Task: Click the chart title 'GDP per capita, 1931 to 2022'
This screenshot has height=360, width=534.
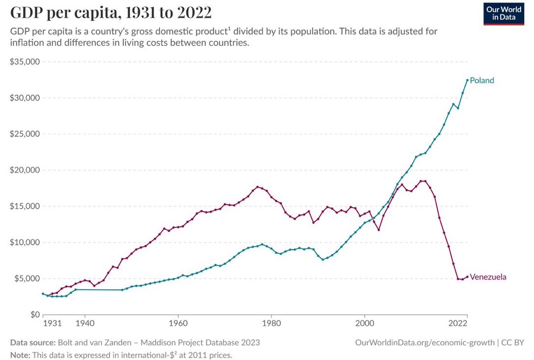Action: [x=110, y=12]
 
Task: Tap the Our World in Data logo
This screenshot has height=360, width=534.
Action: [x=504, y=13]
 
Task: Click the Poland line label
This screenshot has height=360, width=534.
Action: [x=481, y=81]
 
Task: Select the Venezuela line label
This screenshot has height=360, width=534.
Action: [x=488, y=277]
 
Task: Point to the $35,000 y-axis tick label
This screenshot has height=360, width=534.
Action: [x=25, y=62]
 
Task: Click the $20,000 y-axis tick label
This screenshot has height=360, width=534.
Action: [x=25, y=170]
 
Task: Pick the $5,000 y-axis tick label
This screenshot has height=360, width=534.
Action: [x=27, y=278]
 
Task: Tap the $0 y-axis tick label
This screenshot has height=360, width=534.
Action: [x=33, y=314]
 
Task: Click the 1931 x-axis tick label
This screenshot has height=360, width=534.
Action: [x=52, y=324]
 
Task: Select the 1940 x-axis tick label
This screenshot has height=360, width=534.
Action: [x=84, y=324]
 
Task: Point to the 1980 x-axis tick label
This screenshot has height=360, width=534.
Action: [x=271, y=324]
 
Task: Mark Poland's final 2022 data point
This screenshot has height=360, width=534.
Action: [x=467, y=80]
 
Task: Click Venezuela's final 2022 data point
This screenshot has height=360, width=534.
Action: [x=467, y=276]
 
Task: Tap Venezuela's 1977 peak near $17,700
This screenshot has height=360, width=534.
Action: [x=257, y=187]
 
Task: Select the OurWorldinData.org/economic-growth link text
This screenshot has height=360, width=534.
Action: [x=425, y=342]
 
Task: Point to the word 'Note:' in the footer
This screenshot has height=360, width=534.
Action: [x=20, y=355]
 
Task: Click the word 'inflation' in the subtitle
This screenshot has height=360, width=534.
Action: [x=27, y=43]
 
